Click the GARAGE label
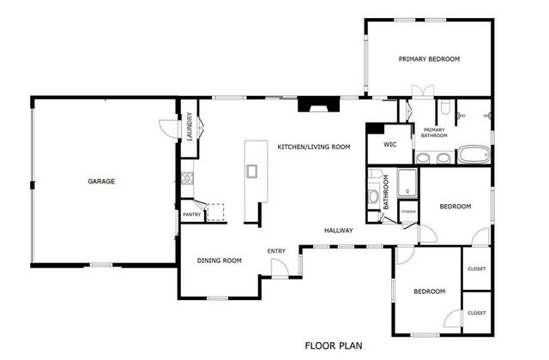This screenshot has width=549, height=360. [x=100, y=182]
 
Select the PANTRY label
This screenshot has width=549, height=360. [x=190, y=214]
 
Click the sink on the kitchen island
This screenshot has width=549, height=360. [x=252, y=171]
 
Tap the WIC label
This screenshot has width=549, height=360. [x=389, y=145]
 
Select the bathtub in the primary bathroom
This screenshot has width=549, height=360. [x=473, y=155]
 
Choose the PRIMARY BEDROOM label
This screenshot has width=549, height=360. [x=429, y=59]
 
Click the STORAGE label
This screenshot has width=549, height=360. [x=408, y=211]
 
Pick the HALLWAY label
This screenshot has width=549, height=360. [x=340, y=230]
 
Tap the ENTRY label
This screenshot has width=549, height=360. [x=276, y=251]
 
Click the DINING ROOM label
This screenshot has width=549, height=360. [x=219, y=261]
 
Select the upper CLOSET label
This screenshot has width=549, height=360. [x=476, y=269]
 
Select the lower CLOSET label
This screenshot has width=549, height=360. [x=476, y=313]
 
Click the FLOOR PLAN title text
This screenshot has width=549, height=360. [x=334, y=346]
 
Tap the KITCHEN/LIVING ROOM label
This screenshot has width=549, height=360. [x=313, y=147]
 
